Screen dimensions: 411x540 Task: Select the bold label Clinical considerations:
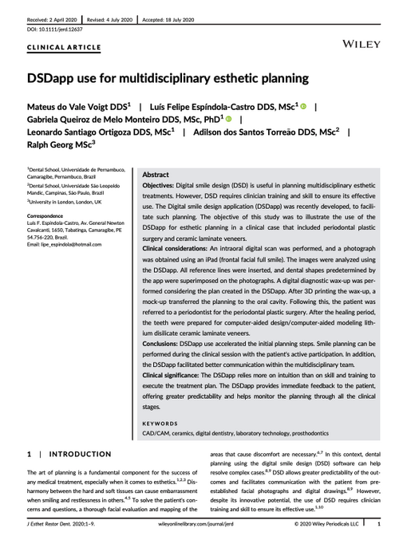tap(181, 248)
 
